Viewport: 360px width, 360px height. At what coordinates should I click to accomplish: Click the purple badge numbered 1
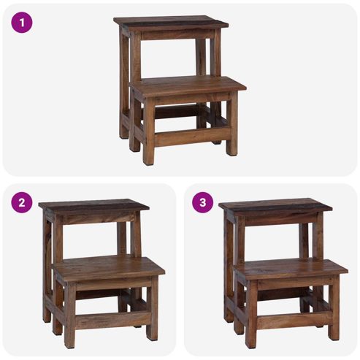pyautogui.click(x=22, y=23)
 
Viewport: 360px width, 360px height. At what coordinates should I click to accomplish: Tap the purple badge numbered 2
pyautogui.click(x=22, y=202)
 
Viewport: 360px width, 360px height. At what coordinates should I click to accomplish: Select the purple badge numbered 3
pyautogui.click(x=203, y=202)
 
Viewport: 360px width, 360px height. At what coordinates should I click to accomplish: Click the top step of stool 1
pyautogui.click(x=171, y=22)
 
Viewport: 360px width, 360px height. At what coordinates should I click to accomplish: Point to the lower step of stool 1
pyautogui.click(x=188, y=85)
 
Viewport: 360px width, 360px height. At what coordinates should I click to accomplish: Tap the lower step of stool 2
pyautogui.click(x=109, y=268)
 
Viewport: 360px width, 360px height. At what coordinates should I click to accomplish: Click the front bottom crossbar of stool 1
pyautogui.click(x=192, y=137)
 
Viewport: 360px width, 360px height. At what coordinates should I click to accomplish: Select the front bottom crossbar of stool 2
pyautogui.click(x=113, y=319)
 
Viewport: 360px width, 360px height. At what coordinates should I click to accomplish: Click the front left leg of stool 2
pyautogui.click(x=70, y=315)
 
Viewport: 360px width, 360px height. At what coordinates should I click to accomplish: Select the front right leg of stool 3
pyautogui.click(x=334, y=308)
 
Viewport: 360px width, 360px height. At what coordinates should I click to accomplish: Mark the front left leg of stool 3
pyautogui.click(x=251, y=315)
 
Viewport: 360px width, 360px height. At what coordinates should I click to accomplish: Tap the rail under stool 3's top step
pyautogui.click(x=281, y=219)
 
